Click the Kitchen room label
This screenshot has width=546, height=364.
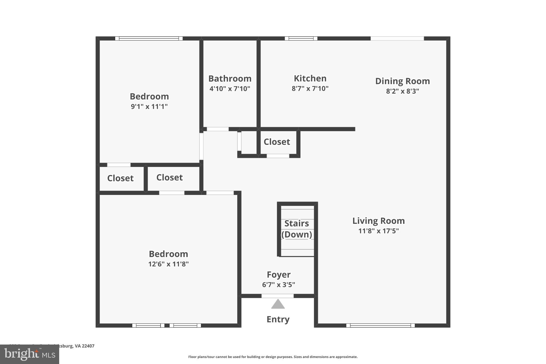click(310, 78)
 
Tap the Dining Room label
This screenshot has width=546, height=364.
click(403, 81)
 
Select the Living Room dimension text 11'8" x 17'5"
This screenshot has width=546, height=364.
click(378, 231)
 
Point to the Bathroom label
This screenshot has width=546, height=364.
click(230, 79)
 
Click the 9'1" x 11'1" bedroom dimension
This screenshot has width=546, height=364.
click(149, 107)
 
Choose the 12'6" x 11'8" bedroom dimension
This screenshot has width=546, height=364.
click(168, 264)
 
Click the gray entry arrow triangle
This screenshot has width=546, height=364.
click(278, 304)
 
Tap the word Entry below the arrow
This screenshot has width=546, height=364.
click(278, 319)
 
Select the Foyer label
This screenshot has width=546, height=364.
click(279, 275)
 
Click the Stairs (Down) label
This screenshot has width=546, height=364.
click(297, 229)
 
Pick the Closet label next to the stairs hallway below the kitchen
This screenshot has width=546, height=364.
click(277, 142)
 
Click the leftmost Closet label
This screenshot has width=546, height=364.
click(120, 178)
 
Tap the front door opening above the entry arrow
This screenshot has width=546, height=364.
click(277, 296)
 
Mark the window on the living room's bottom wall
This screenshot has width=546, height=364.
click(380, 325)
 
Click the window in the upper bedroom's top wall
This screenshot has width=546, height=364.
click(149, 38)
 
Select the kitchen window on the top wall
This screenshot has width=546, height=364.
click(301, 38)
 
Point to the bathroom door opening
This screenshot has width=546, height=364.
click(218, 129)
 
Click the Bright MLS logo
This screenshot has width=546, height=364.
click(29, 354)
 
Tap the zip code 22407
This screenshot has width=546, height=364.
click(88, 346)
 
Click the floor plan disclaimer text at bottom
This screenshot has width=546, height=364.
click(273, 357)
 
